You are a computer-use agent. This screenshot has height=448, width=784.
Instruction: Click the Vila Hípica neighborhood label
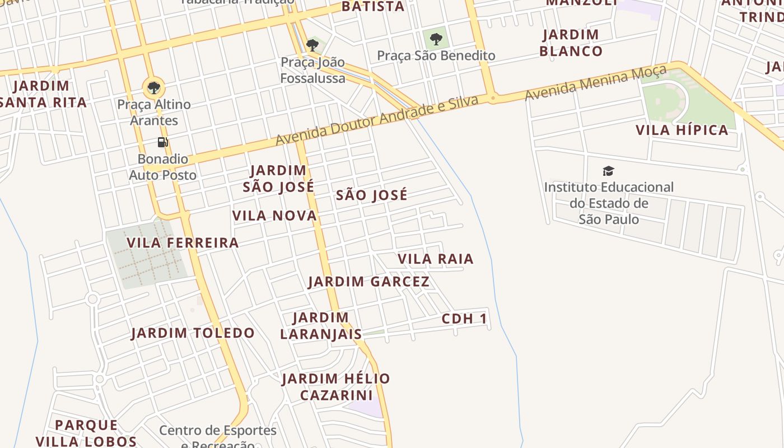(x=682, y=130)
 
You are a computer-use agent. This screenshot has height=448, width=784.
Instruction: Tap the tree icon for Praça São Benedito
(x=436, y=39)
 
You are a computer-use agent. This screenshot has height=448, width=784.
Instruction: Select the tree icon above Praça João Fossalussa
(x=312, y=45)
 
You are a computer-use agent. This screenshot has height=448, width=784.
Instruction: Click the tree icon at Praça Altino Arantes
(x=153, y=87)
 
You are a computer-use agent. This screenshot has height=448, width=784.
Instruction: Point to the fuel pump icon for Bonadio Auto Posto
(x=162, y=142)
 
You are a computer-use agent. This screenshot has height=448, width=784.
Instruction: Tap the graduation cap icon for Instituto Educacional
(x=608, y=171)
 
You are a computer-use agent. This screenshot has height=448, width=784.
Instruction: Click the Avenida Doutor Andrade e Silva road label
(x=377, y=120)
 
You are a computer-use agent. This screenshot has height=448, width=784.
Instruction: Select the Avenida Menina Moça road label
(x=595, y=82)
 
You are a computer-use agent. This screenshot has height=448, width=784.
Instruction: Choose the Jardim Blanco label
(x=571, y=43)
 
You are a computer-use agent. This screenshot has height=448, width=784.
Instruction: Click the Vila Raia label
(x=436, y=259)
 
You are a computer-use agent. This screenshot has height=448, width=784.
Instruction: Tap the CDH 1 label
(x=464, y=319)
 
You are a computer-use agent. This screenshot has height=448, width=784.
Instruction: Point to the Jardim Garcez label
(x=368, y=282)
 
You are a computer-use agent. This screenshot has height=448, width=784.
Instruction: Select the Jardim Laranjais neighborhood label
(x=321, y=326)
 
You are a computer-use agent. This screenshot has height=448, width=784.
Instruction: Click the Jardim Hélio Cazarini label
(x=336, y=387)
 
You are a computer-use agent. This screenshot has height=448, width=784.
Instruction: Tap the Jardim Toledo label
(x=193, y=333)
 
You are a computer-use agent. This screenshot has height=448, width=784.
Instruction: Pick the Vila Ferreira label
(x=183, y=243)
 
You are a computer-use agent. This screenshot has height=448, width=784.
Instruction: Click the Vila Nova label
(x=274, y=216)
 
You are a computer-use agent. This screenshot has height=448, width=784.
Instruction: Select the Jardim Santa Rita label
(x=43, y=94)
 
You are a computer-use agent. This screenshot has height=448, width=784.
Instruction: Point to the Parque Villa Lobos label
(x=86, y=433)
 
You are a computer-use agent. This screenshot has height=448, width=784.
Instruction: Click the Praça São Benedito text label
(x=436, y=55)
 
